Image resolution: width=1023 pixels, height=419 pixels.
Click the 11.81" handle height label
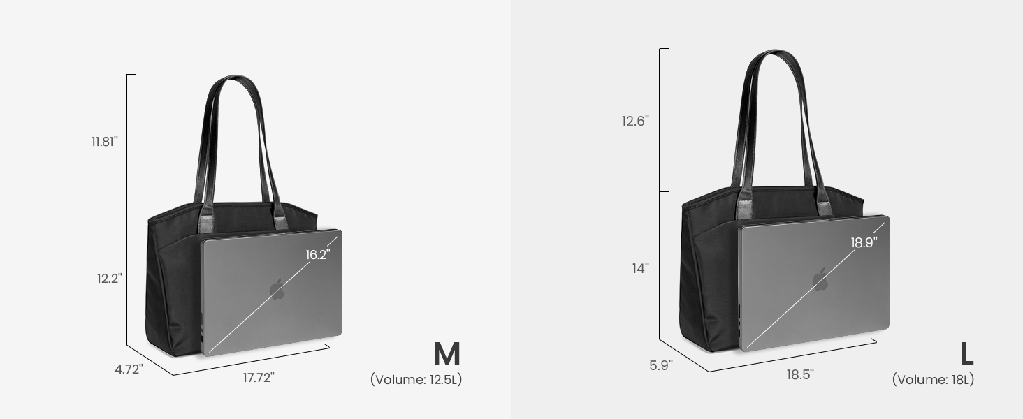click(x=105, y=142)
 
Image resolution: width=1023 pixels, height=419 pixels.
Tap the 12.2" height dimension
click(x=109, y=278)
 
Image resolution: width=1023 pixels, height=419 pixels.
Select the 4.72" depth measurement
click(x=129, y=369)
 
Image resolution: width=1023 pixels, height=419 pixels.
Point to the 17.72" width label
click(x=259, y=378)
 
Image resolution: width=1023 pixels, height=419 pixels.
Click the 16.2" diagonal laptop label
click(x=318, y=254)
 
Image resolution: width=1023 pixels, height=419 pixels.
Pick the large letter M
click(x=447, y=354)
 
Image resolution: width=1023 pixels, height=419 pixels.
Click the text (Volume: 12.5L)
click(x=416, y=379)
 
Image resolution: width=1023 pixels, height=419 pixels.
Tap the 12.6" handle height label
click(x=635, y=121)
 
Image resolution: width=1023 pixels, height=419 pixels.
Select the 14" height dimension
click(x=640, y=268)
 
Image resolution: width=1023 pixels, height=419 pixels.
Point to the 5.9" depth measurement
click(x=661, y=365)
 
